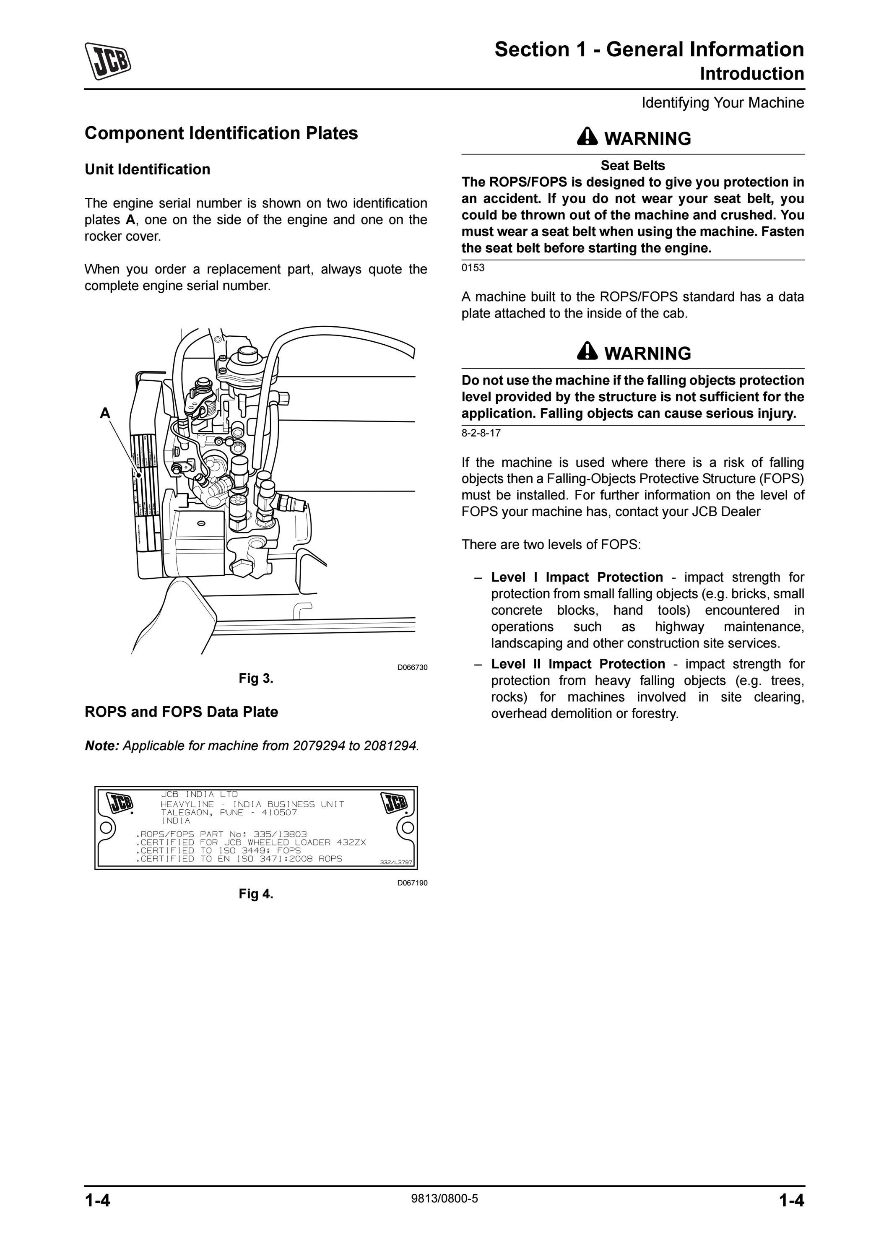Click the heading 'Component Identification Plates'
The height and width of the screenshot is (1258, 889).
point(221,133)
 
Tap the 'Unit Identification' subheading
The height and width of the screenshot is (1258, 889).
point(147,169)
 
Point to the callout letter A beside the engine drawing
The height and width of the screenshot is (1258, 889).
point(104,413)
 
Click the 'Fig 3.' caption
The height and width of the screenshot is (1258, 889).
point(256,678)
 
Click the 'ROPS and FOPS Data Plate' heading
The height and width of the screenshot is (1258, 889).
point(181,712)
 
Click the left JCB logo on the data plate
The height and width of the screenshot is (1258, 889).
point(120,803)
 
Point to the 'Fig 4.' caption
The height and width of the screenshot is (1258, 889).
point(256,894)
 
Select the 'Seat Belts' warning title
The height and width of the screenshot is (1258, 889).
point(633,166)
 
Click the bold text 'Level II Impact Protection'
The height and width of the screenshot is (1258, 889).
point(578,664)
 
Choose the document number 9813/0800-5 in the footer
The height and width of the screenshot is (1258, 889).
point(444,1198)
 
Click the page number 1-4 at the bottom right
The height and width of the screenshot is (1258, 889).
point(791,1201)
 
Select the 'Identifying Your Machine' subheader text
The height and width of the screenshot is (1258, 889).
point(723,103)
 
